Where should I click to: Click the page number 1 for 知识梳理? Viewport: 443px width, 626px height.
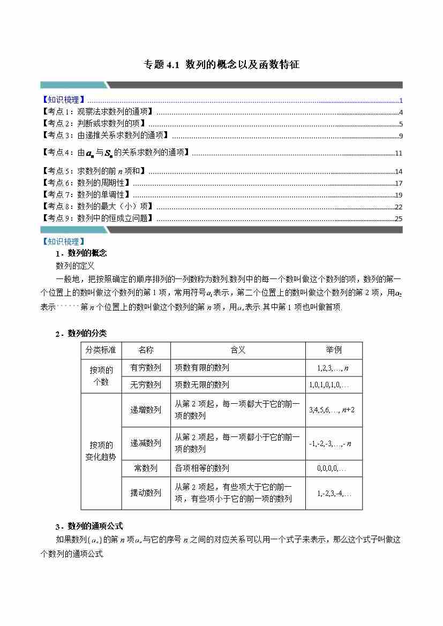tap(401, 100)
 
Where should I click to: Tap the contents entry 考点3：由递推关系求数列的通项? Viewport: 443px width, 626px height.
tap(105, 135)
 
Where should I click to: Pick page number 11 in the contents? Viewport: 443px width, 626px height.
tap(399, 153)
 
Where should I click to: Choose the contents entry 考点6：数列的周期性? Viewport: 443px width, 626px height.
tap(86, 183)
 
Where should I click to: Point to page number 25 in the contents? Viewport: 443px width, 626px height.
tap(399, 218)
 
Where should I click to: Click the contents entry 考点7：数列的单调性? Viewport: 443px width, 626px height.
tap(86, 194)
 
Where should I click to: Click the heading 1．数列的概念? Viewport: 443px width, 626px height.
tap(81, 253)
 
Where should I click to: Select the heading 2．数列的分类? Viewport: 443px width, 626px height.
tap(81, 333)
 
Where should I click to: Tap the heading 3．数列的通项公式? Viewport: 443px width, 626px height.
tap(89, 525)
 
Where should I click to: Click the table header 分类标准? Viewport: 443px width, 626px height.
tap(102, 350)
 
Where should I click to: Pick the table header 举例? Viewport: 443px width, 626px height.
tap(334, 350)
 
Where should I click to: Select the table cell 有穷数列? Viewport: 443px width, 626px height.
tap(146, 368)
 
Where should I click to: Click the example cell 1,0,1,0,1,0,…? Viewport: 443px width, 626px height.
tap(329, 385)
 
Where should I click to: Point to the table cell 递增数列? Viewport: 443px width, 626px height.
tap(146, 410)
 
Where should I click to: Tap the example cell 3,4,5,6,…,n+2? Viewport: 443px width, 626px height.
tap(332, 410)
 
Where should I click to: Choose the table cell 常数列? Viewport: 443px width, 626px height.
tap(146, 468)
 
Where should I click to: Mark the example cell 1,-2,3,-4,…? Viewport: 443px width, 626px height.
tap(334, 493)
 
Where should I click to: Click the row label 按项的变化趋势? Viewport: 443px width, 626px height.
tap(101, 451)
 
